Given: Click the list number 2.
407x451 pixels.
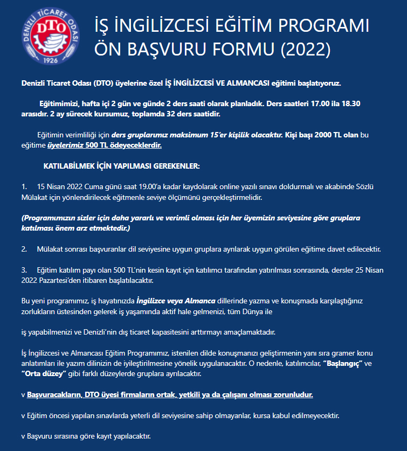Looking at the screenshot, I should pyautogui.click(x=24, y=249).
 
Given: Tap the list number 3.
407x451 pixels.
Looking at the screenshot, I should pyautogui.click(x=24, y=269).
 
